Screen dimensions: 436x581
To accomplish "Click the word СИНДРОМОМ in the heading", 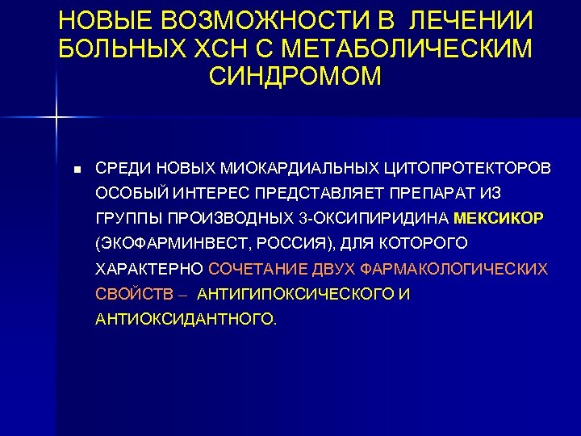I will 295,76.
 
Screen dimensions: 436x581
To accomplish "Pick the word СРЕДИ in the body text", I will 122,170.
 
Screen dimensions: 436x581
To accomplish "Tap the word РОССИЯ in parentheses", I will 295,244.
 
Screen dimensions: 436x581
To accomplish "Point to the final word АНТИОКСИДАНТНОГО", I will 186,319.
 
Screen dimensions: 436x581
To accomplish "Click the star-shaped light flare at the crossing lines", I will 56,118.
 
